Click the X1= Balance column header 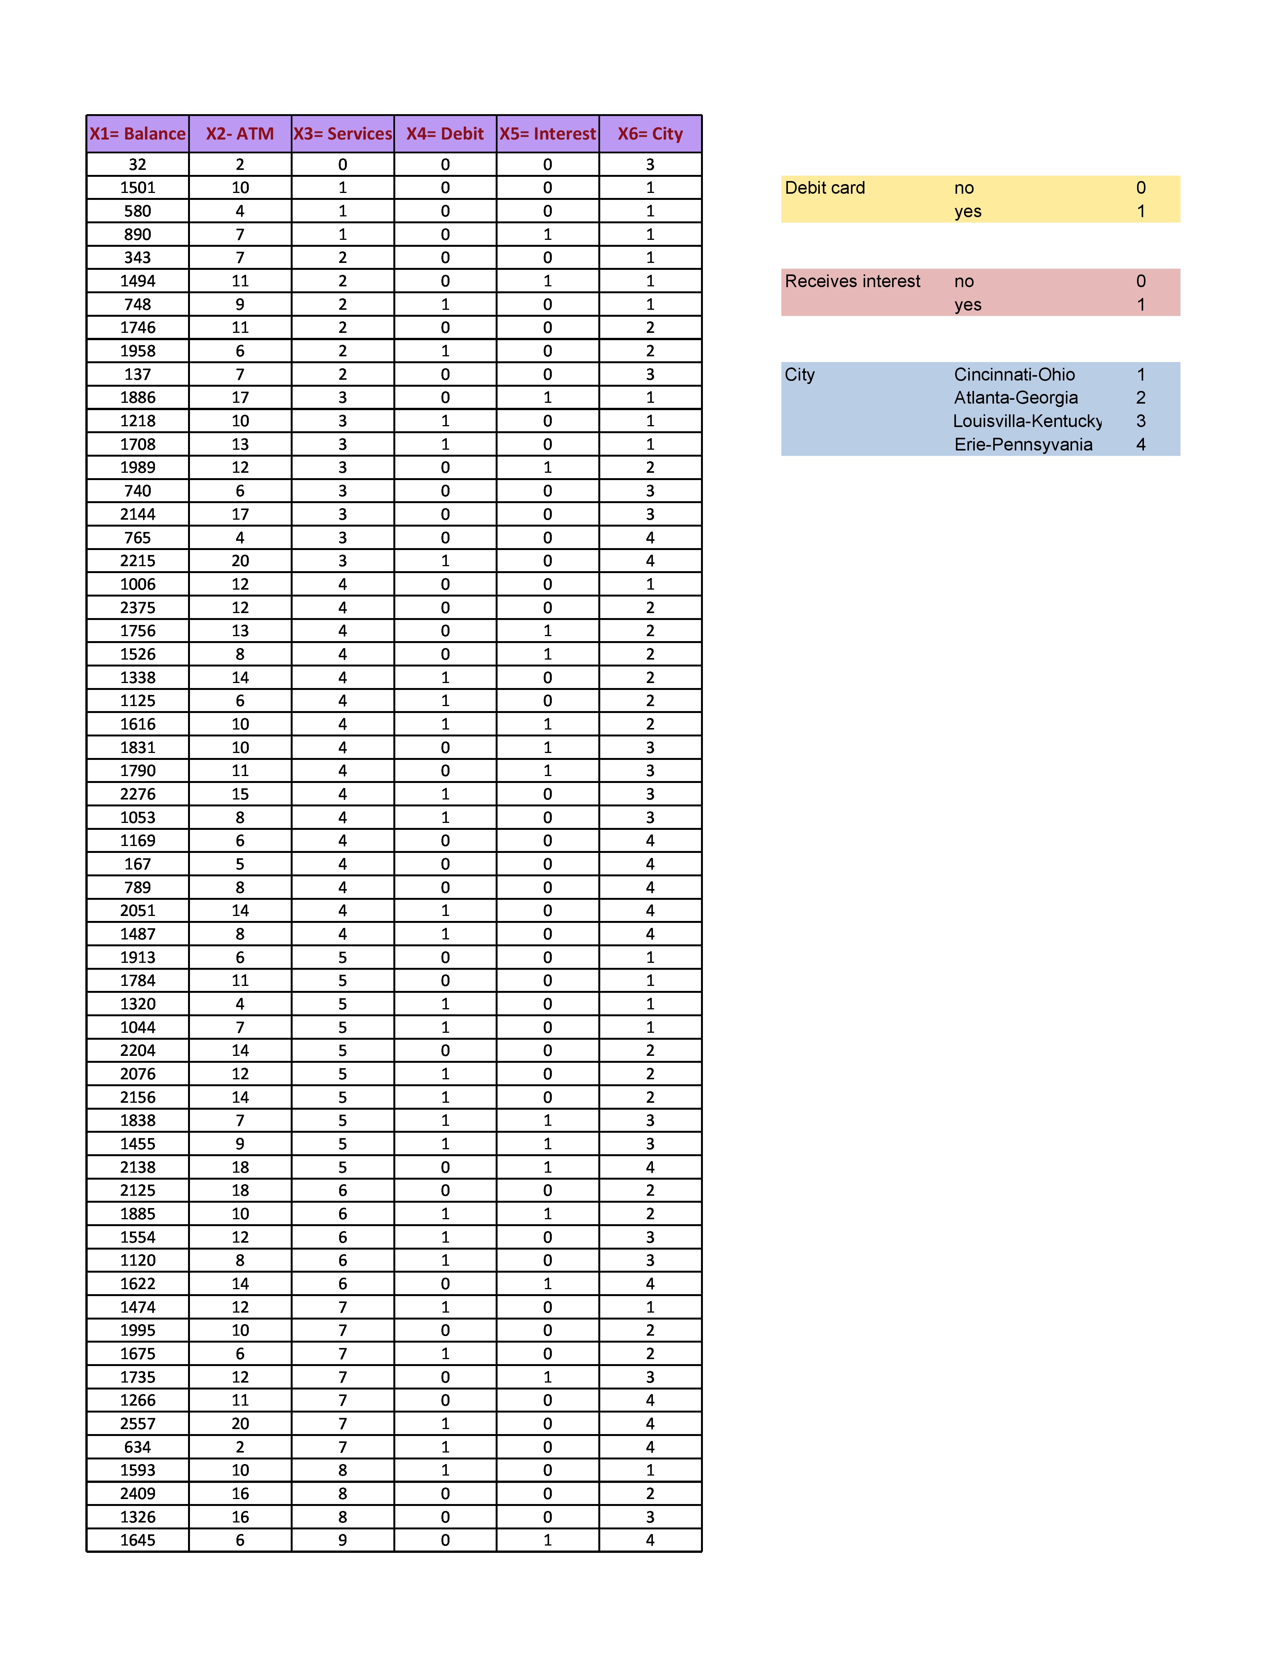coord(137,134)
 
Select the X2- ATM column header coord(240,134)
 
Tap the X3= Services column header coord(342,134)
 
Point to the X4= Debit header coord(445,134)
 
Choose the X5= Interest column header coord(548,134)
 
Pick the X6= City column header coord(650,134)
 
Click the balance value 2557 coord(137,1423)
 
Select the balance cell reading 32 coord(137,165)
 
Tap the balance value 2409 coord(137,1494)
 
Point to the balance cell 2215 coord(137,561)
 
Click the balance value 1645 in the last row coord(137,1540)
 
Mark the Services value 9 coord(342,1540)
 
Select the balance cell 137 coord(137,375)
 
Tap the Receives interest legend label coord(852,281)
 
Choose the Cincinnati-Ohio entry coord(1014,375)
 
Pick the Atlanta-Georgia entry coord(1016,398)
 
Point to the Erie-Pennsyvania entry coord(1023,445)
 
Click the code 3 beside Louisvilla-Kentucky coord(1140,422)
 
